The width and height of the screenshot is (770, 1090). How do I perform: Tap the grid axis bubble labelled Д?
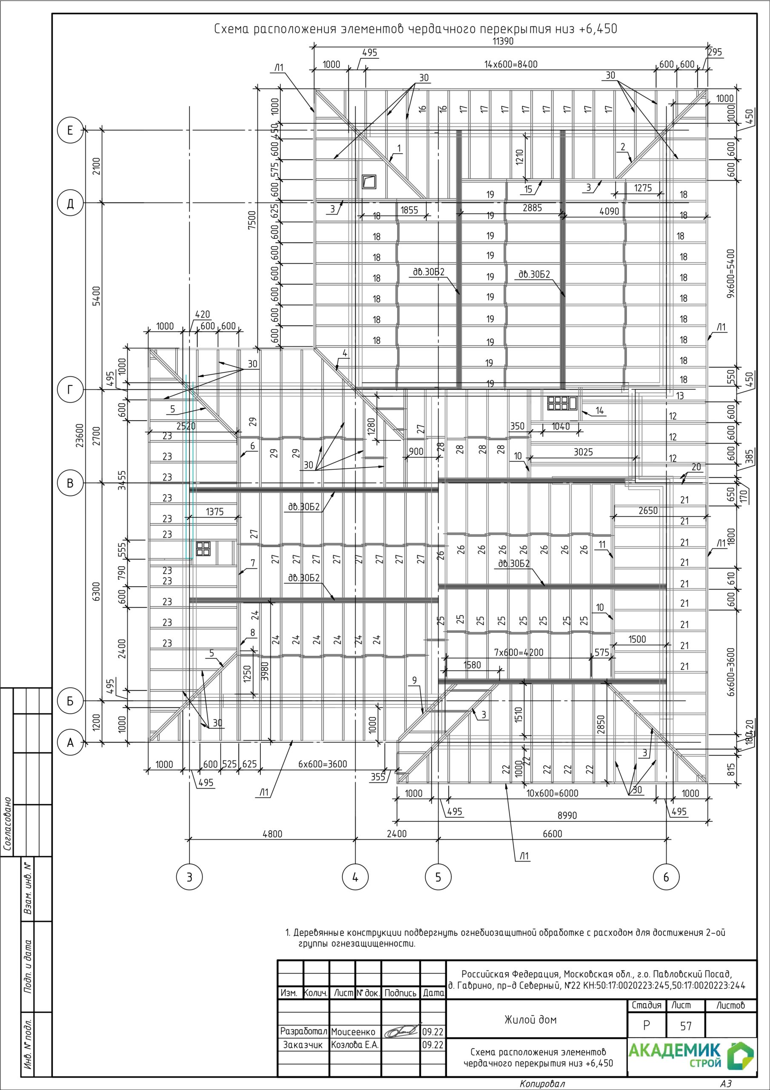point(70,204)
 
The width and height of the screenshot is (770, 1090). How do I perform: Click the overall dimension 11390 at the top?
point(503,41)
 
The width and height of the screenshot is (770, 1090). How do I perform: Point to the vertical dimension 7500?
point(252,220)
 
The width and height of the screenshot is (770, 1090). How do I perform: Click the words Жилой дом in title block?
point(530,1019)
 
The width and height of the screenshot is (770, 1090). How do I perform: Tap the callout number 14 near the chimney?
point(600,410)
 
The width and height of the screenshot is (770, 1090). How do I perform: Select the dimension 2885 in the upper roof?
point(532,207)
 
